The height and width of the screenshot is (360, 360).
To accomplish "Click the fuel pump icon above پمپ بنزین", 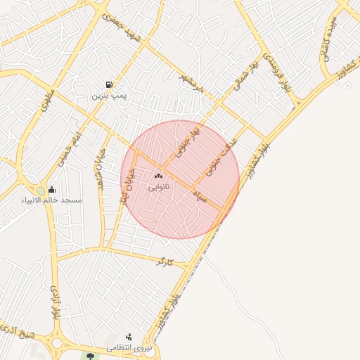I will [108, 84].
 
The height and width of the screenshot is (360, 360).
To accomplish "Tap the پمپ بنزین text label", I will [108, 95].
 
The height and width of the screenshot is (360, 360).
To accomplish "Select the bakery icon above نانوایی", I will [158, 176].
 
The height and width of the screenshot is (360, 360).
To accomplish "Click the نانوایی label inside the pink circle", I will [159, 188].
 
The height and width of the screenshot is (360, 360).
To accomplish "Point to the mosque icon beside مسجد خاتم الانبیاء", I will [52, 189].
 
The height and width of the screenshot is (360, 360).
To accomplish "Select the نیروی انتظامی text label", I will [128, 348].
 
